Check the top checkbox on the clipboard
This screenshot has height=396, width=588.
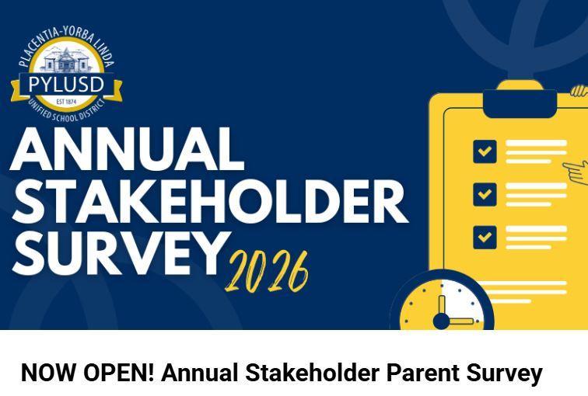click(485, 151)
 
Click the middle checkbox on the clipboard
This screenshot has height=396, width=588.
click(485, 193)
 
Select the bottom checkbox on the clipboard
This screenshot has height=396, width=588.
click(485, 236)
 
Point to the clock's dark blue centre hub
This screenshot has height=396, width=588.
click(441, 321)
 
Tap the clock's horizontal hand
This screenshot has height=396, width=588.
click(460, 321)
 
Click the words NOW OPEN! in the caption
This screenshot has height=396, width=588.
click(88, 373)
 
